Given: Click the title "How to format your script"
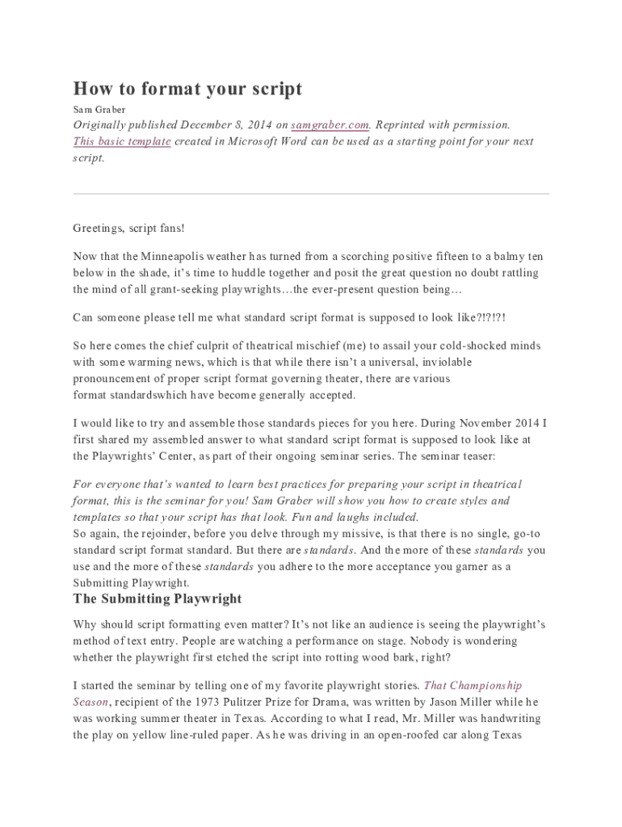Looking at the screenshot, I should click(187, 89).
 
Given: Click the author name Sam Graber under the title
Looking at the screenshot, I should click(99, 109).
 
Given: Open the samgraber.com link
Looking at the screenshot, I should click(330, 125).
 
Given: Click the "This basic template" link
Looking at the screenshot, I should click(122, 141).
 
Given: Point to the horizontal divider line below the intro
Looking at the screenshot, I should click(311, 194).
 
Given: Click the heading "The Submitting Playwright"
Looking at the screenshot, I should click(157, 598).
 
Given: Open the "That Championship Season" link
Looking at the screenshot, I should click(473, 686).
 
